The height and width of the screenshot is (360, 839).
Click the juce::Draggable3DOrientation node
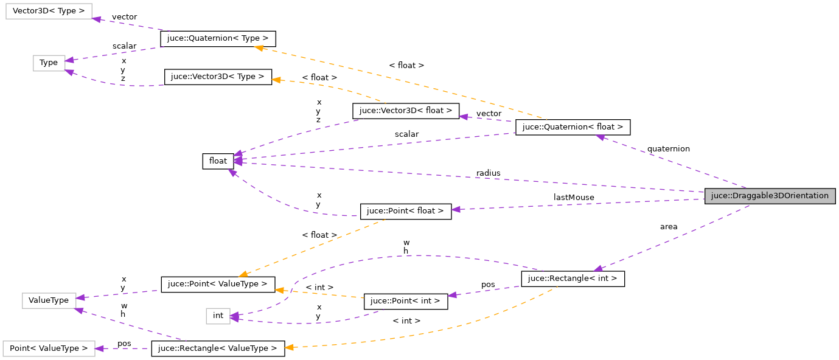point(770,196)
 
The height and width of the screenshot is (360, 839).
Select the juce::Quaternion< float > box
point(573,127)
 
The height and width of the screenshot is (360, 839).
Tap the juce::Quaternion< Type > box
point(218,39)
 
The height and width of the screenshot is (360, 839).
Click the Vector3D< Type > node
point(49,11)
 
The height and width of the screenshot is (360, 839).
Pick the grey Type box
point(49,63)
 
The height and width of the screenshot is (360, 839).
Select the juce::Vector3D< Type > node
point(218,77)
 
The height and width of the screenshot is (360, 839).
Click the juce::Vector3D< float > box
point(406,111)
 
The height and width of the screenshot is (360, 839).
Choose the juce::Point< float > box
point(406,211)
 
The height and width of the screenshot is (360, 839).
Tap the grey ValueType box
point(49,300)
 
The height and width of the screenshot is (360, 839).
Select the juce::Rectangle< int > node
point(573,279)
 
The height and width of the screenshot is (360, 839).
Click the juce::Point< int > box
point(406,301)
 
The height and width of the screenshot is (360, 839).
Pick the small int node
point(218,316)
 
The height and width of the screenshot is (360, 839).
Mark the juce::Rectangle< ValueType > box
point(218,348)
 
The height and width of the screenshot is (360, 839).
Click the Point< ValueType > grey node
point(49,348)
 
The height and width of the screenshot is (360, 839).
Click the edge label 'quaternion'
point(668,148)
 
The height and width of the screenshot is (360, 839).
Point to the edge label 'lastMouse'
point(574,197)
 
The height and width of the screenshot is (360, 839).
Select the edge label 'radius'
point(488,173)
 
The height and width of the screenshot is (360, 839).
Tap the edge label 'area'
point(668,227)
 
